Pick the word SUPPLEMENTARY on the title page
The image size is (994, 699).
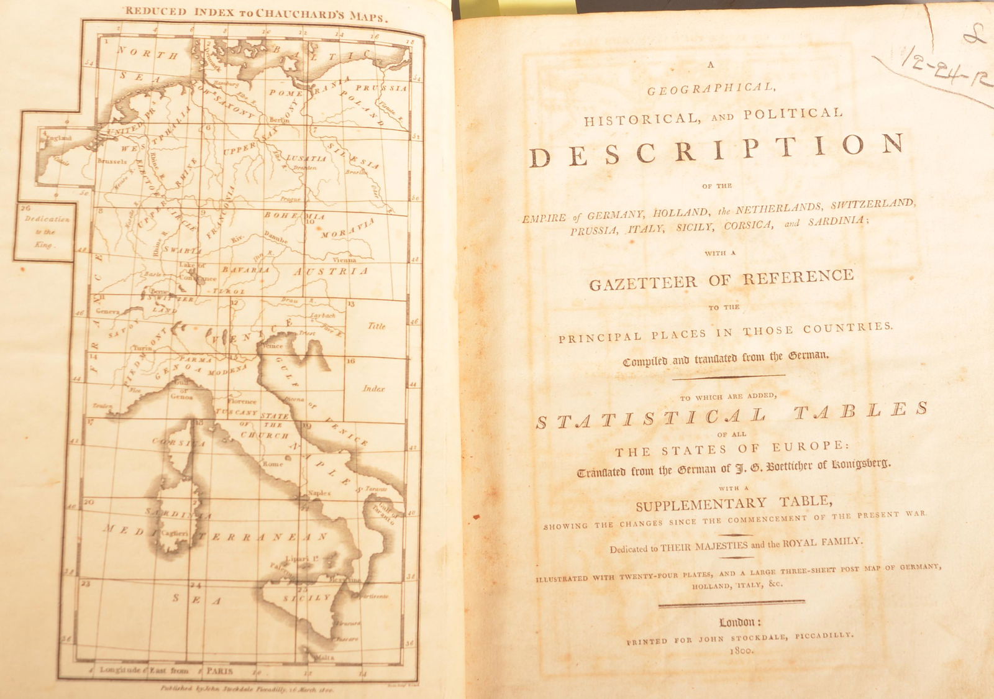point(701,504)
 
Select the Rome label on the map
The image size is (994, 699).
point(273,464)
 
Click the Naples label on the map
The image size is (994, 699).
point(320,493)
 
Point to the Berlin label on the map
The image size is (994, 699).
point(279,120)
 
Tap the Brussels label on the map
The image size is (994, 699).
point(112,162)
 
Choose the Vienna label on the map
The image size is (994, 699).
point(344,260)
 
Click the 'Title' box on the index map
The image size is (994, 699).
point(376,326)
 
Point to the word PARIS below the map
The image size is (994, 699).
point(220,671)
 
